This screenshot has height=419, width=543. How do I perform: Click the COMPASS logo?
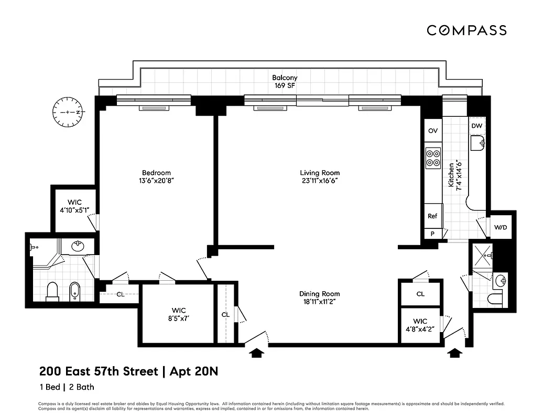[x=466, y=30]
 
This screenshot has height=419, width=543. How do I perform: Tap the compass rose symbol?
[x=68, y=112]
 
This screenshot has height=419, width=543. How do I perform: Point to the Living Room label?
[x=320, y=173]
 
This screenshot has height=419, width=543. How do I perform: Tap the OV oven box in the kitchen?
[x=433, y=131]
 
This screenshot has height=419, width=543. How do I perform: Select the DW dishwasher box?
[x=476, y=126]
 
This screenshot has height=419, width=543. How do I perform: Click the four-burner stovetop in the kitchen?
[x=433, y=158]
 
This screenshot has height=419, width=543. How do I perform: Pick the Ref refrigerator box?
[x=432, y=216]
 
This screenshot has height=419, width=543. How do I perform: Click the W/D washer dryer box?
[x=501, y=227]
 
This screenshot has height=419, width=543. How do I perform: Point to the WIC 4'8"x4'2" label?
[x=420, y=325]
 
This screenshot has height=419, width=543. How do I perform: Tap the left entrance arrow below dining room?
[x=256, y=354]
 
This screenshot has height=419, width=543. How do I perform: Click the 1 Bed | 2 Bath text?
[x=67, y=388]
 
